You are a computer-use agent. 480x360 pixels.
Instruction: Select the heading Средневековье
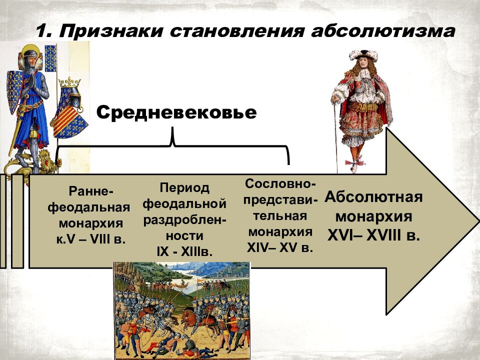(x=176, y=112)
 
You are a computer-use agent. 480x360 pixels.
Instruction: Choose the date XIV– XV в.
(x=280, y=247)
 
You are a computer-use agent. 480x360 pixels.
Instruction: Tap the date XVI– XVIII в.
(x=373, y=235)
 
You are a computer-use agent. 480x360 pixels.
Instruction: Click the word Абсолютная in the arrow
(x=374, y=196)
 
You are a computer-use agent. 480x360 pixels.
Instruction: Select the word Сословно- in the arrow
(x=280, y=183)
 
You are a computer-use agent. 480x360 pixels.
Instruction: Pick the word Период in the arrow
(x=185, y=188)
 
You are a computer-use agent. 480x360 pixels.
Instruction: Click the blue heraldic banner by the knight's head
(x=50, y=58)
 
